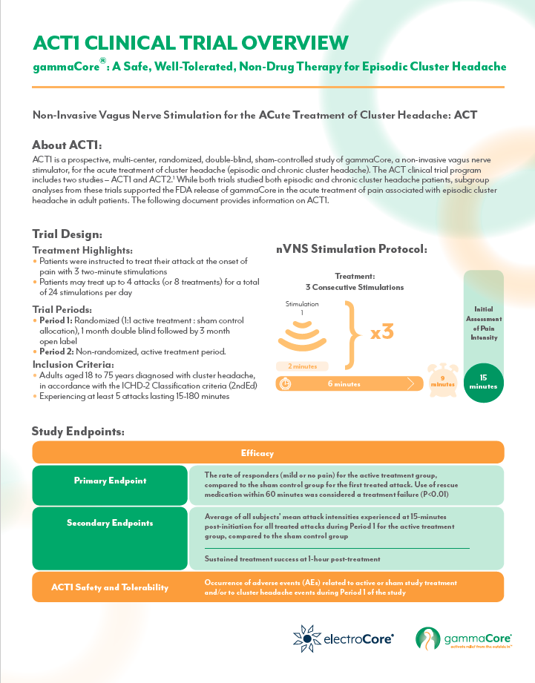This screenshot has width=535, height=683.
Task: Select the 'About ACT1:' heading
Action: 67,144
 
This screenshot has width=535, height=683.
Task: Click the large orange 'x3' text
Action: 381,331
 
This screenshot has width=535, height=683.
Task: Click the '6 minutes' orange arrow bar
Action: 346,383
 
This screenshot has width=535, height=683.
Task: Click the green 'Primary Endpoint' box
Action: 110,481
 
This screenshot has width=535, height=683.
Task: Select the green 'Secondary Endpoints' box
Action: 110,522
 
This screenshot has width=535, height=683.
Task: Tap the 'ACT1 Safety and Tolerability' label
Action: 110,587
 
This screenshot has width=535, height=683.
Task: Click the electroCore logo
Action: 343,636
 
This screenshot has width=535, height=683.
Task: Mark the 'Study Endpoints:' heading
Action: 77,431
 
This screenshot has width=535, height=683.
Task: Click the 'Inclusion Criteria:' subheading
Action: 73,365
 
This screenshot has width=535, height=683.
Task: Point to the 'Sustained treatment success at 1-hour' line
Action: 292,558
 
